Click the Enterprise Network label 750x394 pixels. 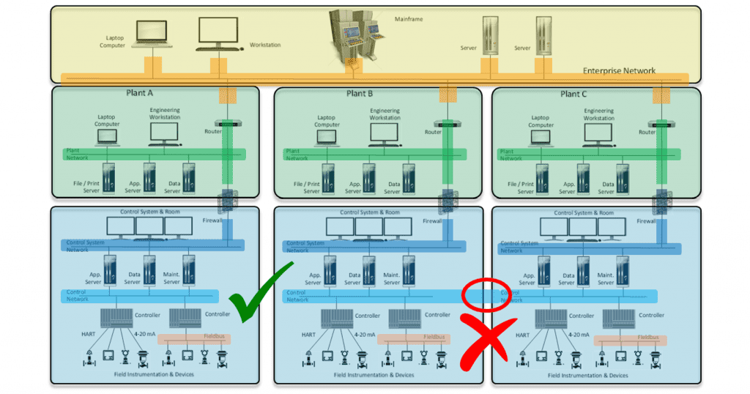coord(619,71)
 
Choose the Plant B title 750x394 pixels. coord(360,94)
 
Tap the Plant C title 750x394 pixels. coord(575,94)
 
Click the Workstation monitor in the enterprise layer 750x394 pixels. coord(218,34)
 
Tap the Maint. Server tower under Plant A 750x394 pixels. coord(189,269)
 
